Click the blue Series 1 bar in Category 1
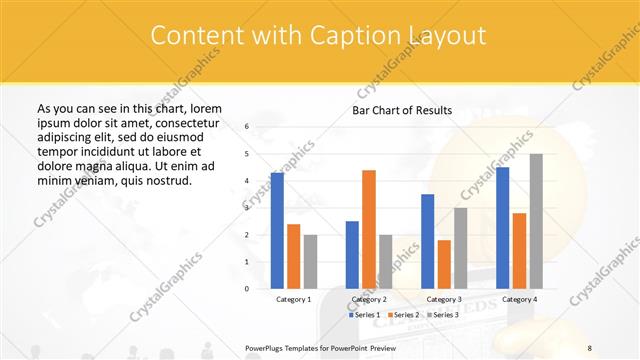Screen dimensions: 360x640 click(277, 231)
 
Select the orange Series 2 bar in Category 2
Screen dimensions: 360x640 click(369, 229)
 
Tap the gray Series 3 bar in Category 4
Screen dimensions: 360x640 click(536, 221)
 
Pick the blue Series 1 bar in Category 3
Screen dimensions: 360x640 click(427, 241)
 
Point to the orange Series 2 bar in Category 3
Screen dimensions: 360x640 click(444, 264)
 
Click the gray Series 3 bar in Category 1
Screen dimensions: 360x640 click(310, 261)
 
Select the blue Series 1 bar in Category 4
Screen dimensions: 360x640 click(502, 228)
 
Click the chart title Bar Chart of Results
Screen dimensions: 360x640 click(401, 110)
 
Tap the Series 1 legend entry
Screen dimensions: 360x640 click(364, 315)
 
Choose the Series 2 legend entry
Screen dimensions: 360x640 click(403, 315)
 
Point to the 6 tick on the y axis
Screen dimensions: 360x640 click(246, 127)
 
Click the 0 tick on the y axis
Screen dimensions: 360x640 click(246, 289)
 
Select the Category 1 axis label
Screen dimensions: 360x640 click(293, 299)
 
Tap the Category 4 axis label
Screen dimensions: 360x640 click(519, 299)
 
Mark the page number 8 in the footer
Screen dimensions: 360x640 click(590, 347)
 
